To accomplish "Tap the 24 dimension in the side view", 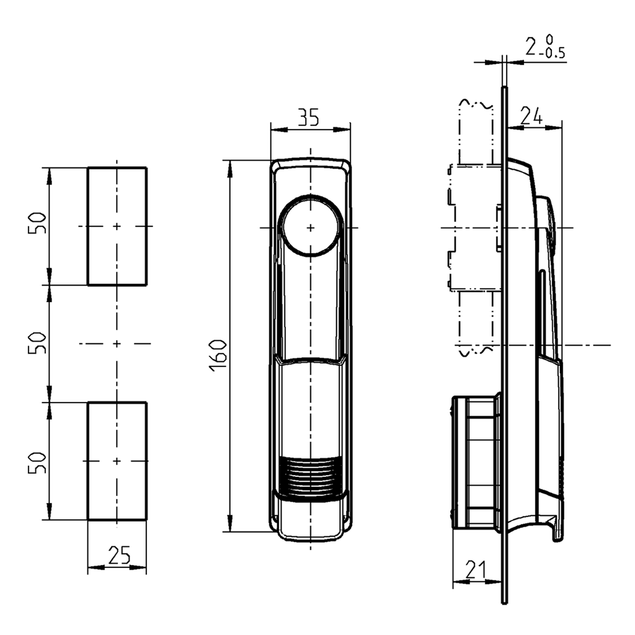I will [x=531, y=116].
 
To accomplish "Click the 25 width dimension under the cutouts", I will [x=118, y=554].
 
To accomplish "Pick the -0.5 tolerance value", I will [x=553, y=54].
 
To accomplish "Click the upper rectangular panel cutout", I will [x=117, y=198].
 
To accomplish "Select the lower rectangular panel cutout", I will [x=117, y=490].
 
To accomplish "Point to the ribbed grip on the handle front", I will [x=310, y=476].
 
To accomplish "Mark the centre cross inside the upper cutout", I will [x=117, y=227].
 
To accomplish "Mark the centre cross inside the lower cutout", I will [x=117, y=461].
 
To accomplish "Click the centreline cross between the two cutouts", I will [x=117, y=343].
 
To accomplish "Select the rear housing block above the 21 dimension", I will [x=474, y=462].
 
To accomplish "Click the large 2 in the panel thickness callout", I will [x=531, y=47].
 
